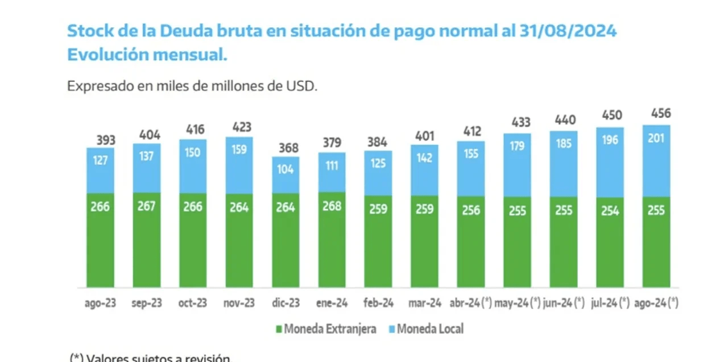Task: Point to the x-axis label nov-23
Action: pos(239,303)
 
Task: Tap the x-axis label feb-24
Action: pos(378,303)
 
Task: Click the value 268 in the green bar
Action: pos(332,206)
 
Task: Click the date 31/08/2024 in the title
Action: pos(568,31)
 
